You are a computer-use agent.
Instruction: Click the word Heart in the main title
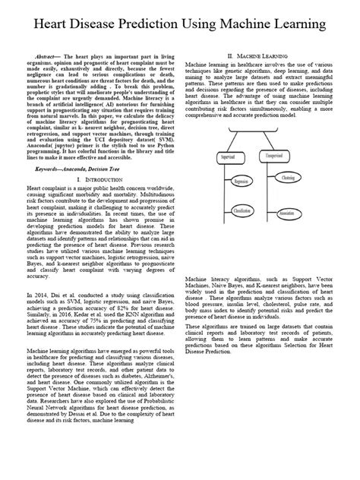[x=55, y=27]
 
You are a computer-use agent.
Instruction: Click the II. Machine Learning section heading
[x=263, y=57]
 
